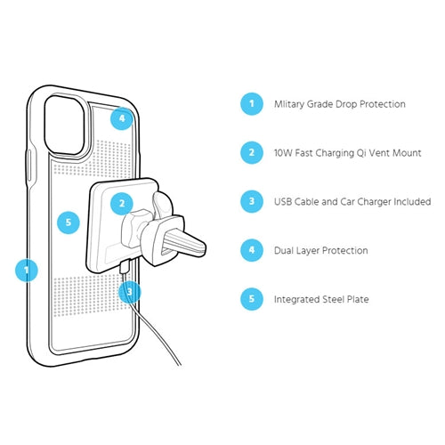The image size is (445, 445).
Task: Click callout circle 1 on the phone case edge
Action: [x=27, y=271]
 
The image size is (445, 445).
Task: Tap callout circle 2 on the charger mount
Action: [x=122, y=204]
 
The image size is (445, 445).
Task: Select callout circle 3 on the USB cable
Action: [x=130, y=292]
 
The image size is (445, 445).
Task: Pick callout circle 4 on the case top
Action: [x=122, y=118]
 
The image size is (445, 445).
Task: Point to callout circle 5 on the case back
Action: [x=69, y=222]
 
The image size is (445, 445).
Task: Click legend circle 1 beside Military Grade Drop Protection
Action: [x=252, y=104]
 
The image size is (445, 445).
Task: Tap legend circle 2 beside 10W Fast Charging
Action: [x=252, y=152]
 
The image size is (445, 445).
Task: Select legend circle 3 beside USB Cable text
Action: [x=252, y=201]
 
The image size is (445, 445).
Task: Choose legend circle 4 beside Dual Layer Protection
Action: [x=252, y=250]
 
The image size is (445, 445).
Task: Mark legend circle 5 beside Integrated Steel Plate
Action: [x=252, y=299]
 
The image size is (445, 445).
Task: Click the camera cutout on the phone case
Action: [x=64, y=125]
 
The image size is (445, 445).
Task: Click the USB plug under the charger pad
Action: [x=125, y=267]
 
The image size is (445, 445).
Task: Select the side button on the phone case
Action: [x=29, y=166]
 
